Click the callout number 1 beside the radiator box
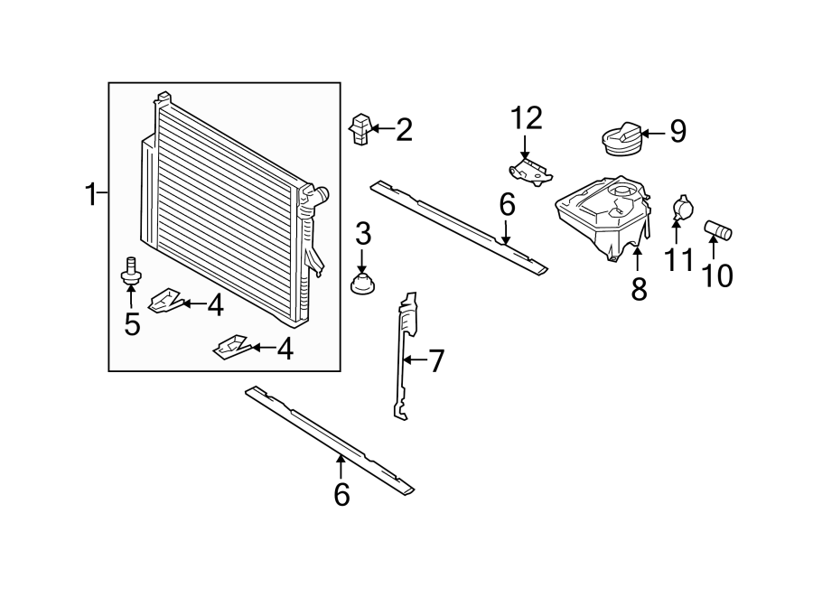[90, 193]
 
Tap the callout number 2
[403, 130]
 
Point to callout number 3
[363, 235]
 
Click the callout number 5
[133, 323]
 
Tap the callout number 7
[436, 362]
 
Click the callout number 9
[677, 133]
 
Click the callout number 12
[526, 117]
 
